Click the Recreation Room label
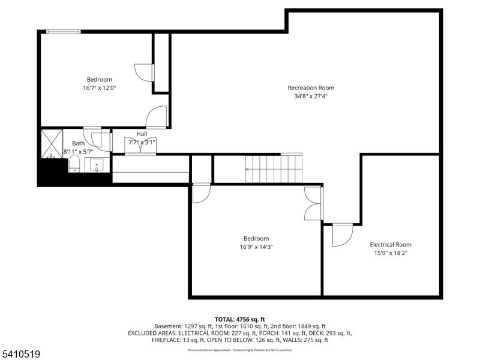point(311,88)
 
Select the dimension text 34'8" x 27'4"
point(311,96)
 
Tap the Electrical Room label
point(390,244)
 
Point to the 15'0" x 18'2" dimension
point(390,253)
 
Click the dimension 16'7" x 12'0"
point(99,88)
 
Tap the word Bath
point(79,143)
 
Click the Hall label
point(142,134)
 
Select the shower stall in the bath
point(52,144)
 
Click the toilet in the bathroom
point(74,164)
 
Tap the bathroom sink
point(97,164)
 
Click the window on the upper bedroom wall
point(64,32)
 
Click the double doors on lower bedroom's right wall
point(313,205)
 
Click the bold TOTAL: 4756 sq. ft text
point(239,319)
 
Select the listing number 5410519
point(20,355)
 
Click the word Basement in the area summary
point(167,326)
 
